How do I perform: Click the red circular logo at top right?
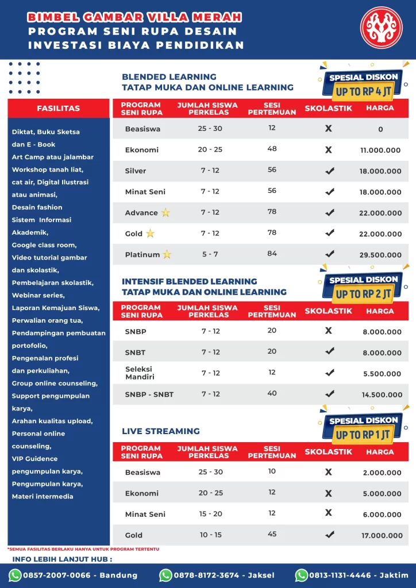pyautogui.click(x=382, y=28)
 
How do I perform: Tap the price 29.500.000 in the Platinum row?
pyautogui.click(x=380, y=255)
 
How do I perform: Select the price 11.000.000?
pyautogui.click(x=380, y=150)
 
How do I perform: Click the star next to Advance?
pyautogui.click(x=165, y=212)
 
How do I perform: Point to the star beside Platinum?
pyautogui.click(x=167, y=254)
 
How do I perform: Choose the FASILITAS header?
pyautogui.click(x=59, y=108)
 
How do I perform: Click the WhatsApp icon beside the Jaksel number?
pyautogui.click(x=165, y=575)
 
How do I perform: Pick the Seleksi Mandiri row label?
pyautogui.click(x=140, y=373)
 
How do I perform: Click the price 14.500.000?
pyautogui.click(x=380, y=395)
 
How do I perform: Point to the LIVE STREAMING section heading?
pyautogui.click(x=161, y=431)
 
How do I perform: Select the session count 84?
pyautogui.click(x=272, y=253)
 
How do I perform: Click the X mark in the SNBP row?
pyautogui.click(x=329, y=330)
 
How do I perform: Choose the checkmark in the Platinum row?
pyautogui.click(x=329, y=254)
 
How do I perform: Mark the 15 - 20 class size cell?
pyautogui.click(x=210, y=514)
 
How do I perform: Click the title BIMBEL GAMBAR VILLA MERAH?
pyautogui.click(x=134, y=17)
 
